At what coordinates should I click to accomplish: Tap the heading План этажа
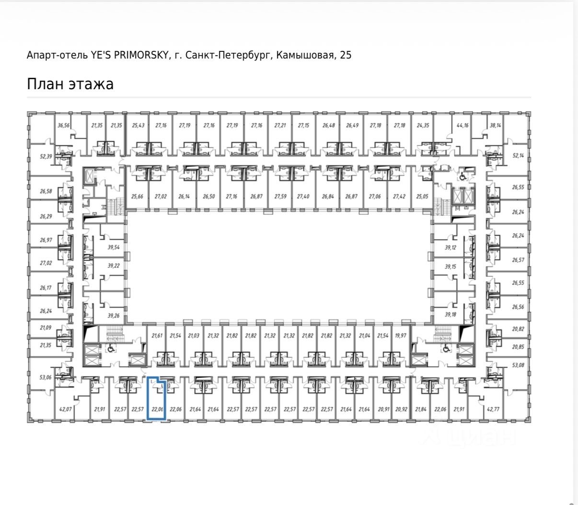click(x=70, y=84)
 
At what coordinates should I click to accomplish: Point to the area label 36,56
click(x=63, y=126)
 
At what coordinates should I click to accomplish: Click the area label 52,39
click(x=46, y=156)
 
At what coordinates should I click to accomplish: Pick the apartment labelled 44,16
click(x=462, y=126)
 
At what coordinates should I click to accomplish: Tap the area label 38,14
click(x=495, y=126)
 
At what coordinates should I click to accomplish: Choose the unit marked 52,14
click(x=518, y=156)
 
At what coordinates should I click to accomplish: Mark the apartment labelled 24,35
click(x=423, y=126)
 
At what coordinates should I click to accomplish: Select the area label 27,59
click(x=280, y=197)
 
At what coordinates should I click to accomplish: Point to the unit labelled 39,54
click(x=114, y=247)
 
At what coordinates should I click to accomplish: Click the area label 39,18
click(x=450, y=315)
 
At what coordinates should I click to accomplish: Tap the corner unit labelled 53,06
click(x=46, y=377)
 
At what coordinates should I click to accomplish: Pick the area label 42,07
click(x=65, y=409)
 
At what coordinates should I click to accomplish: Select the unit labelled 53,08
click(x=518, y=365)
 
